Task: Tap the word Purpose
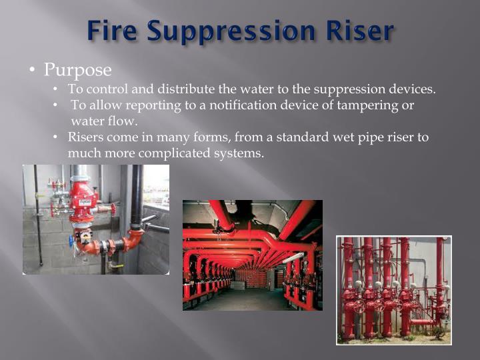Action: pyautogui.click(x=78, y=69)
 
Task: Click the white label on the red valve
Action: pyautogui.click(x=85, y=201)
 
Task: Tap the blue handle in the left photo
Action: pyautogui.click(x=71, y=241)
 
